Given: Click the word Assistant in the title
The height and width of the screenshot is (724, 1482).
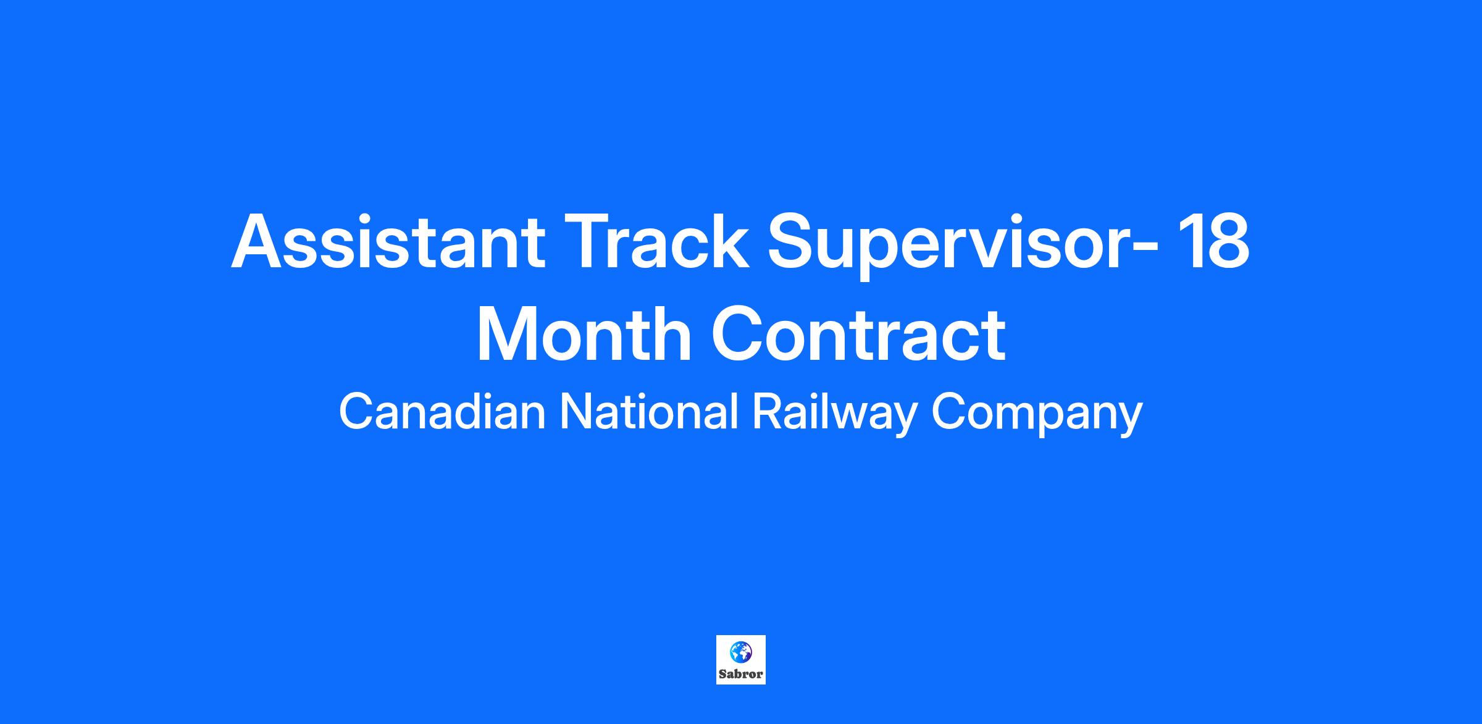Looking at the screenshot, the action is point(388,241).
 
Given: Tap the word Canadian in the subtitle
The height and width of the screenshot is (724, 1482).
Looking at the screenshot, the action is point(442,412).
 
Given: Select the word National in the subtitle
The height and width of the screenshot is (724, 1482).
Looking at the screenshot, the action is point(649,412).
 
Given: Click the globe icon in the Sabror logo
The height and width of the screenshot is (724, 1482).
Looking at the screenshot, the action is point(741,651).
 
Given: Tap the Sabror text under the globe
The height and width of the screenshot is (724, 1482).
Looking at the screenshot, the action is point(741,673).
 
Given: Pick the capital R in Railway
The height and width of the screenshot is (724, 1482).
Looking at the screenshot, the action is point(768,412).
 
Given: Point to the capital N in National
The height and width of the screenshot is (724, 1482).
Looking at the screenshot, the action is point(576,412).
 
